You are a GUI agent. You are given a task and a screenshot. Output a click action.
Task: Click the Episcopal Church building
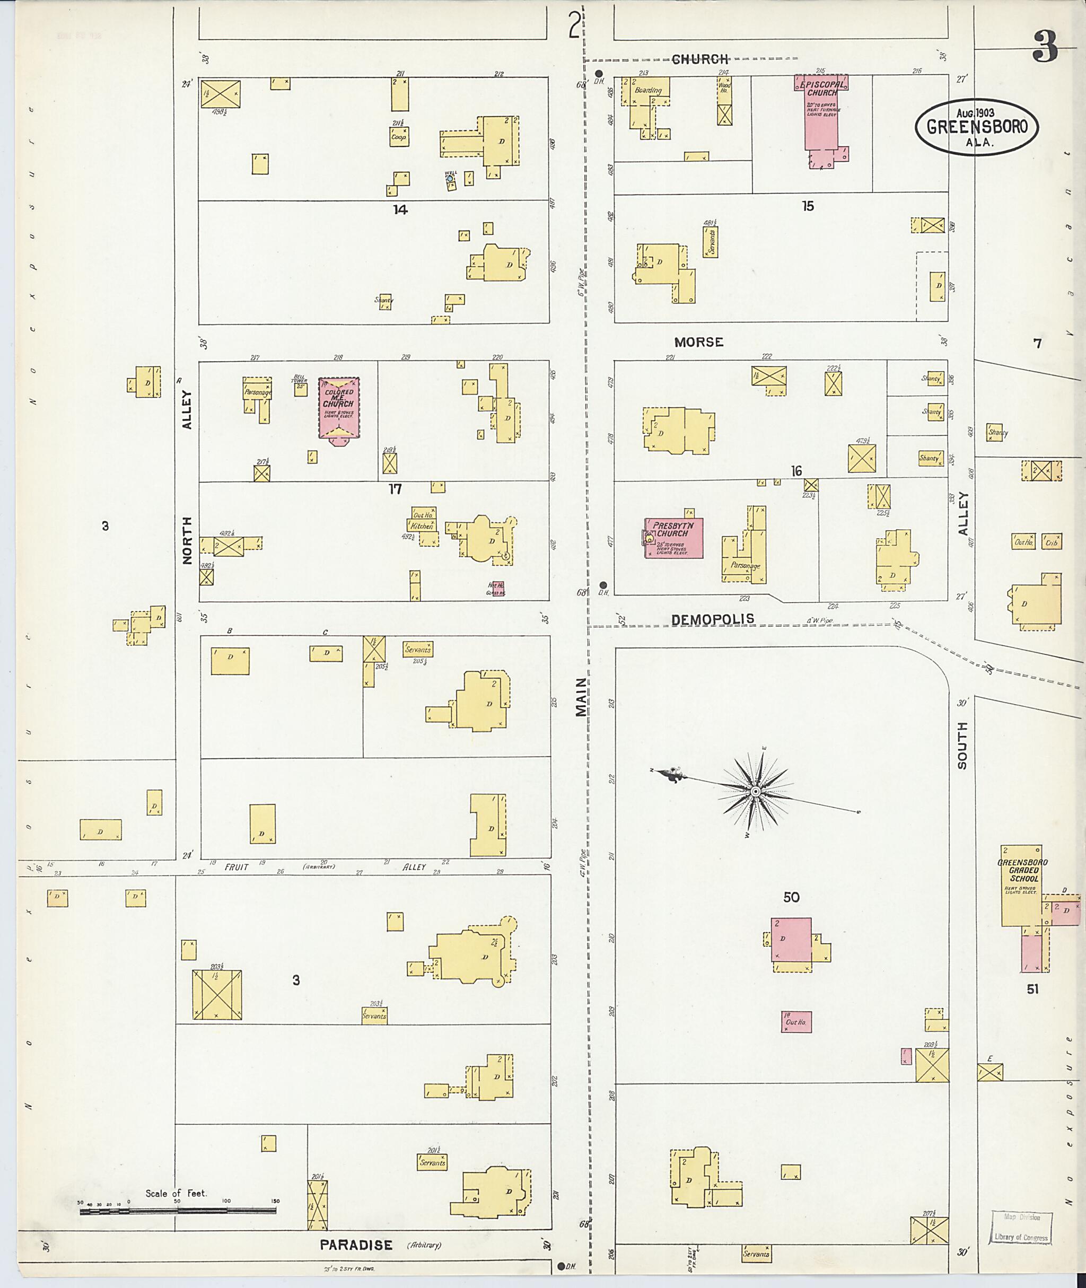821,117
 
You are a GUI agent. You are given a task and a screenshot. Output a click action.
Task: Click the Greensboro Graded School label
1022,870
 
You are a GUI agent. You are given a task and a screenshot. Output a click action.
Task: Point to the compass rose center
756,791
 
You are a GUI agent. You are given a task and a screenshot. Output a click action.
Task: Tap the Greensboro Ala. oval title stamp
976,126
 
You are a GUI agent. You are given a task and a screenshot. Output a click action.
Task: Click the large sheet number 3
1045,46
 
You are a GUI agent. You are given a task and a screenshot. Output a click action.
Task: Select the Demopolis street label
712,620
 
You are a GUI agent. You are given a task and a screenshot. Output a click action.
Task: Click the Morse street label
698,341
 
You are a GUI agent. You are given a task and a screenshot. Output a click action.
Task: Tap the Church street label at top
700,59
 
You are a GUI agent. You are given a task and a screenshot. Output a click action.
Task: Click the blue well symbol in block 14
450,179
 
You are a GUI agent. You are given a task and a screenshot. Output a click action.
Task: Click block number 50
791,897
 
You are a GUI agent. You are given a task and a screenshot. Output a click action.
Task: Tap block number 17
395,489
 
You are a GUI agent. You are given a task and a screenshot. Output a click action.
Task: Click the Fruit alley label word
237,867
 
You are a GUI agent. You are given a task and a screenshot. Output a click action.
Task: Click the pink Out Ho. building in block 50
796,1022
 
